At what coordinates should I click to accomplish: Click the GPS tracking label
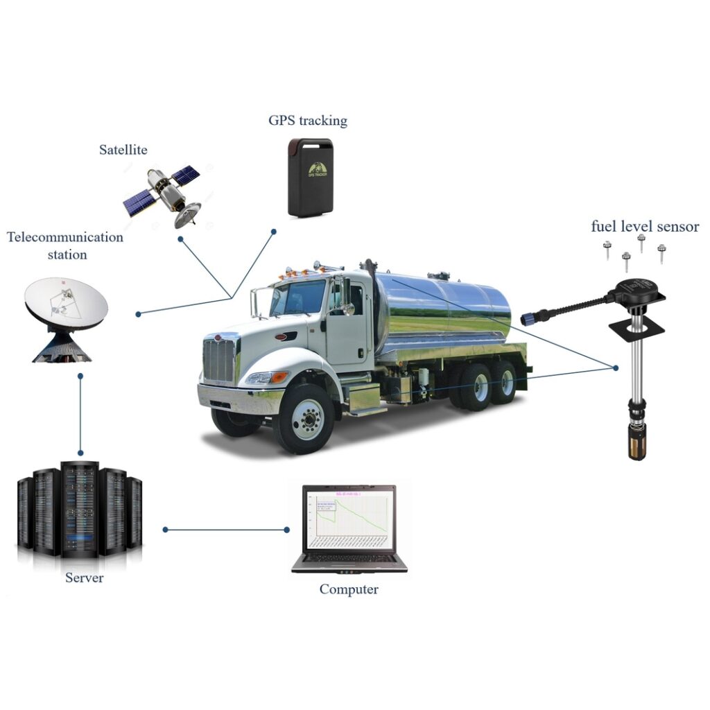[307, 121]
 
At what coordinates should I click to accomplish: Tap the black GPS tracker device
[310, 177]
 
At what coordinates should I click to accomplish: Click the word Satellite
[123, 150]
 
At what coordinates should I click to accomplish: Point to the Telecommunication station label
[66, 245]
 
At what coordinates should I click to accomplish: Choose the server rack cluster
[80, 510]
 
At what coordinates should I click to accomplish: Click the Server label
[84, 578]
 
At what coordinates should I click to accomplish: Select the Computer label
[349, 589]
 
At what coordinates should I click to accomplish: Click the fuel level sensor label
[644, 227]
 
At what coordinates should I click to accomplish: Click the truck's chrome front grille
[219, 361]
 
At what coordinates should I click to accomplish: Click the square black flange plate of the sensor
[637, 325]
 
